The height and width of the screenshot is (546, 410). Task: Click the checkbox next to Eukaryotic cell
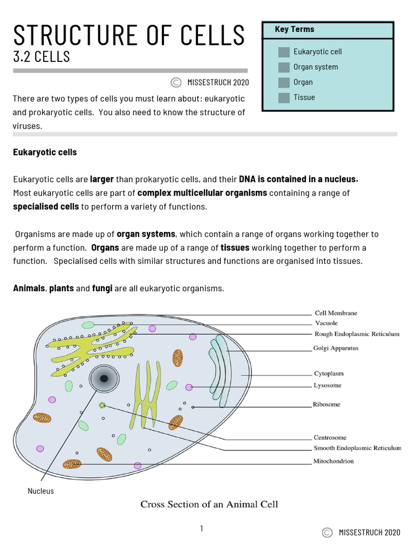click(283, 52)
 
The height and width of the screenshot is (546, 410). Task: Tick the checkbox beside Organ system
click(283, 67)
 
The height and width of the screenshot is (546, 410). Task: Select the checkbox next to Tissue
click(283, 98)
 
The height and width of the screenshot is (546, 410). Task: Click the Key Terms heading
click(294, 29)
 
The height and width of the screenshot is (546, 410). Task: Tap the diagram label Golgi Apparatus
click(335, 348)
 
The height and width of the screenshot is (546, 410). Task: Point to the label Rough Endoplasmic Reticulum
click(357, 334)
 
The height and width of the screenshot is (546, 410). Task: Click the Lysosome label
click(327, 385)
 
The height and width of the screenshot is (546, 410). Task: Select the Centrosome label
click(330, 438)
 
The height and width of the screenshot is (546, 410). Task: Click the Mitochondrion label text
click(334, 461)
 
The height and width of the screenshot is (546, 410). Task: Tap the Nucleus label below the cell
click(41, 491)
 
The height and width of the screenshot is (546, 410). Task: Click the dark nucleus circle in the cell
click(104, 379)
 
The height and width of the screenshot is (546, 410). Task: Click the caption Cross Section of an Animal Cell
click(209, 504)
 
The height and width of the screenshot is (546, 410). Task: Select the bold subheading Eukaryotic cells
click(45, 152)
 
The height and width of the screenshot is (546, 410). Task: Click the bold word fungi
click(102, 288)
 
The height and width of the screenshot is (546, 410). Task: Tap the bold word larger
click(102, 179)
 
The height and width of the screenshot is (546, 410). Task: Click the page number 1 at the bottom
click(202, 528)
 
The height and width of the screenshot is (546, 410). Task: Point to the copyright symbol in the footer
click(328, 532)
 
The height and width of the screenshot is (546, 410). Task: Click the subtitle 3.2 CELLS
click(41, 57)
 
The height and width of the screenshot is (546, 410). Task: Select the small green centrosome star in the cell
click(101, 405)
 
